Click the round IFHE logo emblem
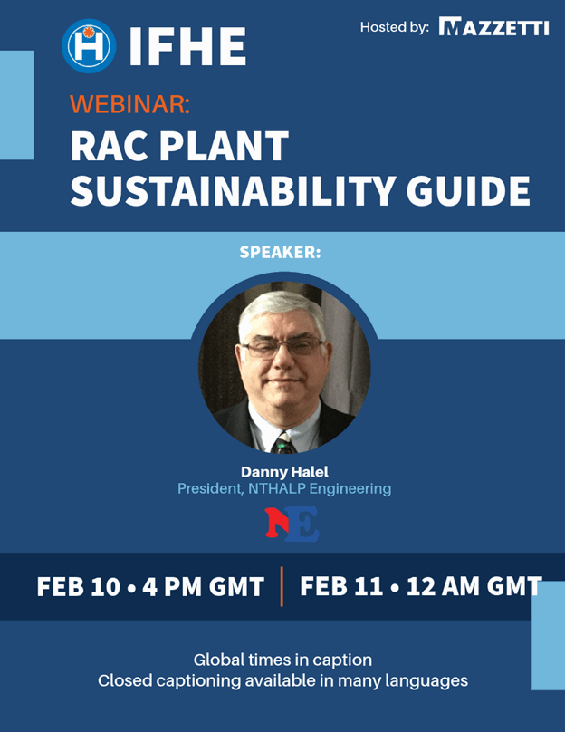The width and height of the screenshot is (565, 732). click(x=89, y=45)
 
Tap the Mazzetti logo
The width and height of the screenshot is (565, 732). click(x=493, y=26)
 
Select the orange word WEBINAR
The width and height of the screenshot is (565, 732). click(x=129, y=103)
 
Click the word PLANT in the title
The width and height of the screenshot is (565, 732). click(x=224, y=146)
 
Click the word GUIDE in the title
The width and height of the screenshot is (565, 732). click(x=468, y=190)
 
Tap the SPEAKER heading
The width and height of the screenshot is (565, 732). click(x=280, y=252)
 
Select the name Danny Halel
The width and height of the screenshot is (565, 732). click(x=284, y=472)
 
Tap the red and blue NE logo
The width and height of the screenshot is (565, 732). click(x=292, y=524)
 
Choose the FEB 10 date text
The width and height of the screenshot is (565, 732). click(x=79, y=586)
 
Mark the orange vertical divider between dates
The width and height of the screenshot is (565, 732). click(x=282, y=586)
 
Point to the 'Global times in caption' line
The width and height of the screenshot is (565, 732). click(x=282, y=660)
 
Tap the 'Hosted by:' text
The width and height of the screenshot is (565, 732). click(x=395, y=27)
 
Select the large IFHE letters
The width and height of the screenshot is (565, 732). click(x=187, y=46)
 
